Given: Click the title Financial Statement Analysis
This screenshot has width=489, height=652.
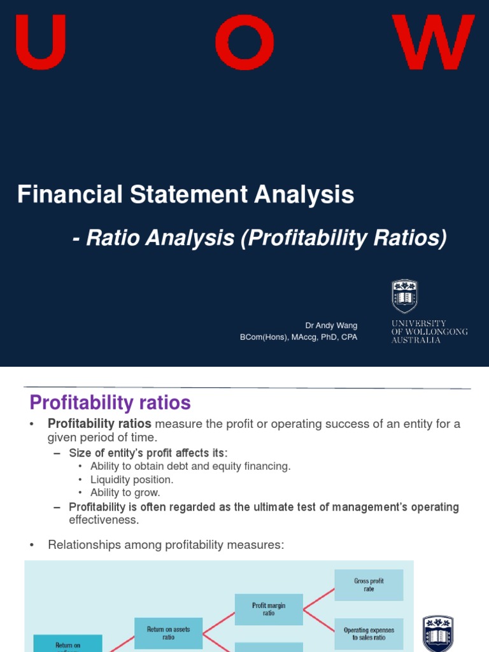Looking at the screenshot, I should (x=185, y=194).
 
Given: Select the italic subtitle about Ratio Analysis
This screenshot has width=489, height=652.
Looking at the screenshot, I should (x=259, y=238).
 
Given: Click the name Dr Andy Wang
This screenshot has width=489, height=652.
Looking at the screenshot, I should (x=331, y=325).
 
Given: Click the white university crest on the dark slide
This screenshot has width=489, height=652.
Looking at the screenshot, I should (x=404, y=296).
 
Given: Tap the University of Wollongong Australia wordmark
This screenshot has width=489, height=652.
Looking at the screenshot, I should (x=429, y=332).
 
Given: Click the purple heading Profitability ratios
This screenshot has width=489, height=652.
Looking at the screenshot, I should (x=110, y=403).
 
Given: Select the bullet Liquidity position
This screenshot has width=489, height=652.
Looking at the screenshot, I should (x=132, y=479).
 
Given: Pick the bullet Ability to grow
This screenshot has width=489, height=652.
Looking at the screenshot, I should (x=125, y=492).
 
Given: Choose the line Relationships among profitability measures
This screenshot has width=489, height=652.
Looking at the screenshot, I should (x=166, y=544).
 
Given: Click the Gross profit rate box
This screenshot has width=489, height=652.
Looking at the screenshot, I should (x=369, y=585).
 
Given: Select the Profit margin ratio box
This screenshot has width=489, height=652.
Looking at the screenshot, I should (x=268, y=609).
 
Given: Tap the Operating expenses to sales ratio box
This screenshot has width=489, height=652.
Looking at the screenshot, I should (x=369, y=634).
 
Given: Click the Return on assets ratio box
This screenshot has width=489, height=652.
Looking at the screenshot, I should (x=168, y=633).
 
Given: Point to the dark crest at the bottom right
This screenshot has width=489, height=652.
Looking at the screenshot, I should (x=438, y=634).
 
